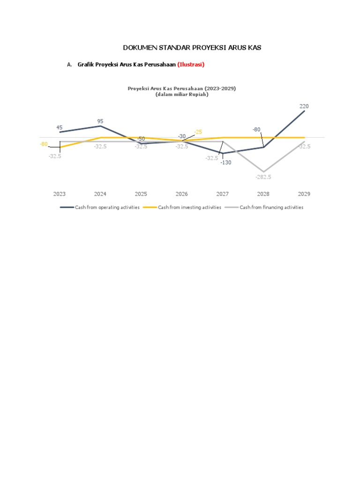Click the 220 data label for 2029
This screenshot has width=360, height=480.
[304, 106]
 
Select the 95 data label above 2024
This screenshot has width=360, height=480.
[100, 121]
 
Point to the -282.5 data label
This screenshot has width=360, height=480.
[263, 177]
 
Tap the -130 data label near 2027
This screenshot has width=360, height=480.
[226, 163]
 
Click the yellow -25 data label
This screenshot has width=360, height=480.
[198, 132]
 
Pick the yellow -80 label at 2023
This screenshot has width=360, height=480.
[44, 144]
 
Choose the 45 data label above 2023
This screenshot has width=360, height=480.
[60, 127]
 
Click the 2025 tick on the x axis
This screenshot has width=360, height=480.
[141, 194]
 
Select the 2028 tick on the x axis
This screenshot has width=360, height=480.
[263, 194]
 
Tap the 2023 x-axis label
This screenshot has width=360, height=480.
[60, 194]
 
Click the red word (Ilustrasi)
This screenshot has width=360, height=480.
[191, 65]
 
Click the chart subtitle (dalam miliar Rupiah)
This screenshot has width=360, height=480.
[182, 94]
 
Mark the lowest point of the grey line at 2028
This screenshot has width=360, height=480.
[263, 172]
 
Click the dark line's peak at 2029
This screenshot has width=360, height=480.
[305, 111]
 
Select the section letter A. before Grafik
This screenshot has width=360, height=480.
[69, 65]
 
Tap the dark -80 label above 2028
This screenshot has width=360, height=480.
[256, 129]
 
